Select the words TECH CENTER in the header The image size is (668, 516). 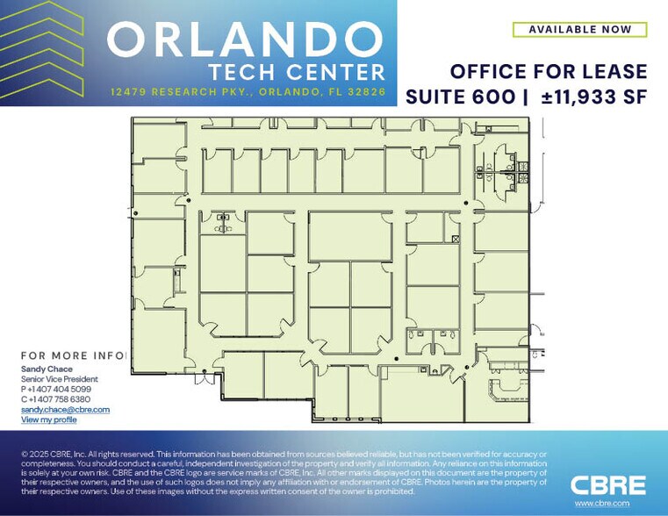(297, 73)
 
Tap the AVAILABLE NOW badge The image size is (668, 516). (579, 30)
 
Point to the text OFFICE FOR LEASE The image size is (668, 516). (549, 72)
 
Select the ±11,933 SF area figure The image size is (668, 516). (593, 97)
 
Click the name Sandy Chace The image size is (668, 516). (47, 369)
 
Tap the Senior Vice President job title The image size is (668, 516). (59, 379)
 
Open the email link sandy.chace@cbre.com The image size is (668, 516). (65, 410)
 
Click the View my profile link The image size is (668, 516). (48, 420)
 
